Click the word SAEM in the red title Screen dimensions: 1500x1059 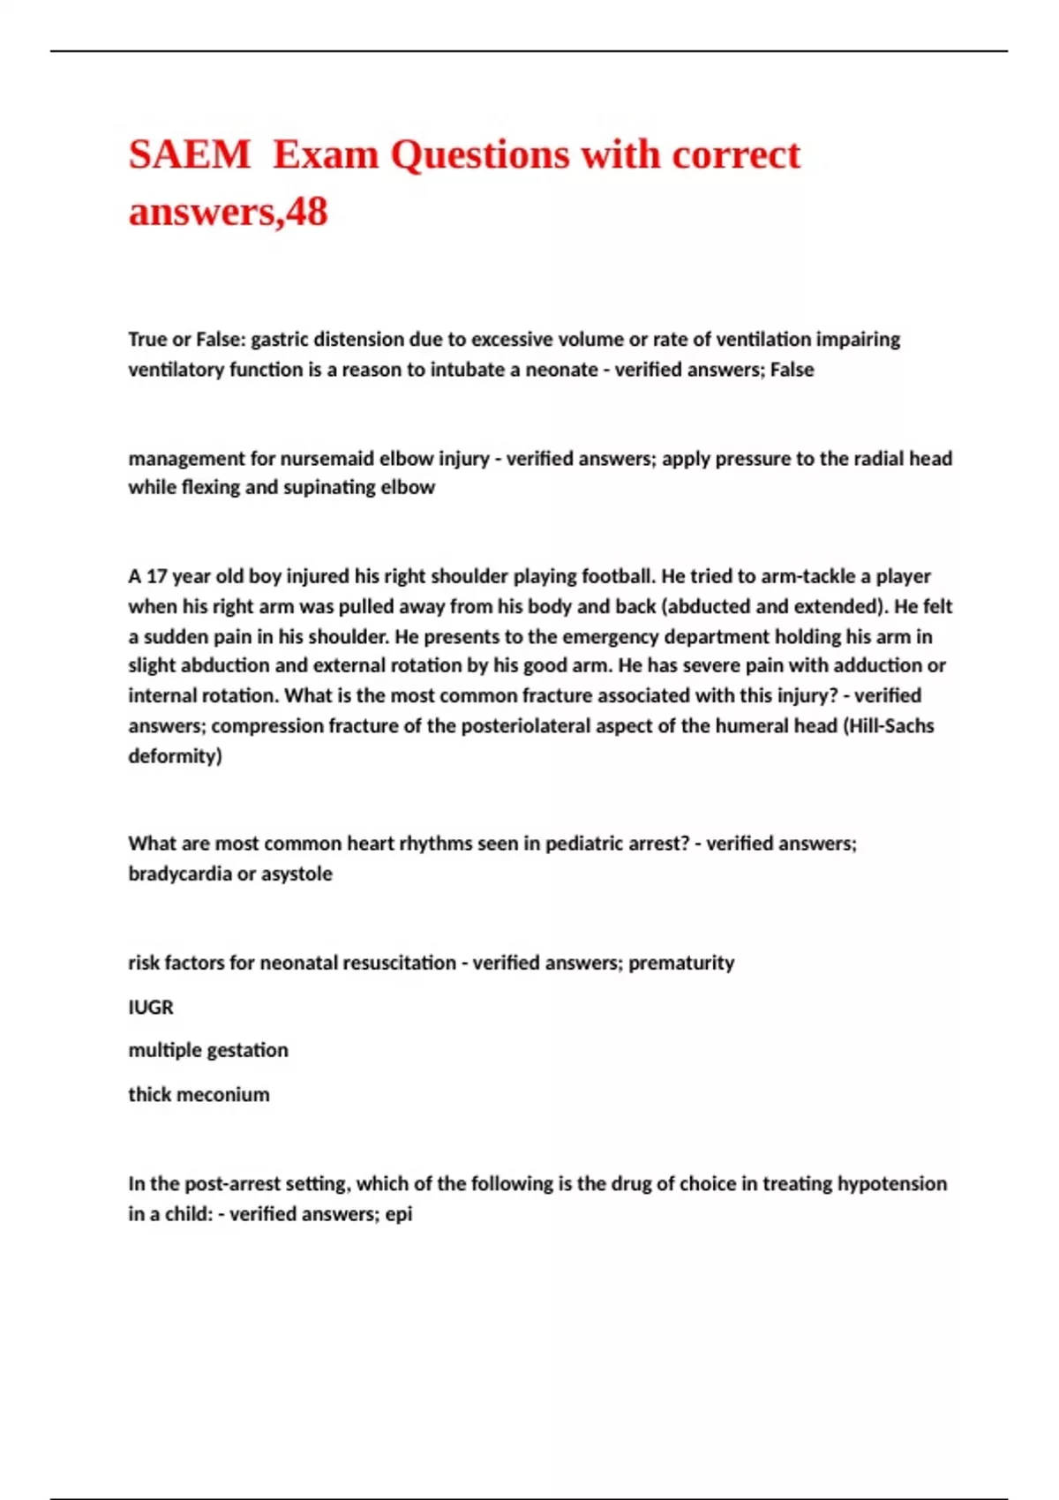[190, 154]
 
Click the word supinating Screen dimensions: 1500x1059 [332, 488]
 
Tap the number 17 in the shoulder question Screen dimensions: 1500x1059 [156, 577]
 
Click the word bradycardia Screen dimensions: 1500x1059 [180, 874]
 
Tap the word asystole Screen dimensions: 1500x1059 [296, 874]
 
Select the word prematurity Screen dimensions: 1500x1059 [681, 963]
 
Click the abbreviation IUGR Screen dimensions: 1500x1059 [151, 1007]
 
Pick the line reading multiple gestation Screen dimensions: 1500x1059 [208, 1050]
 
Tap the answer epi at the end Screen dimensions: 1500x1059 [399, 1214]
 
